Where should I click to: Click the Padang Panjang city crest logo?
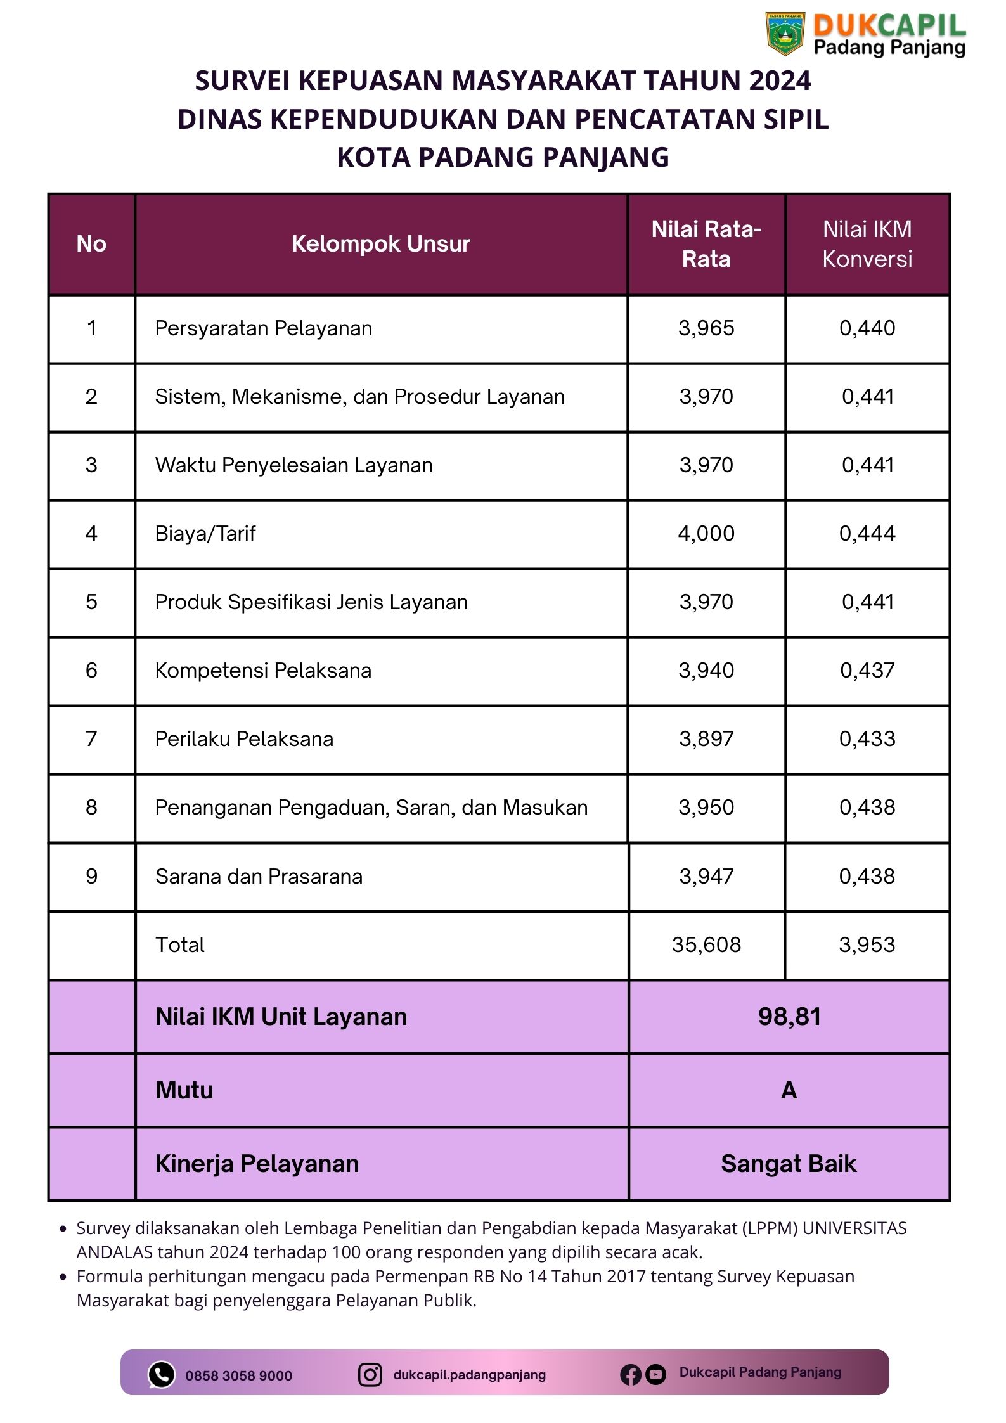click(785, 33)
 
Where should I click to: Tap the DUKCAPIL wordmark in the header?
click(889, 25)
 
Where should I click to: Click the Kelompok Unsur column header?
click(380, 244)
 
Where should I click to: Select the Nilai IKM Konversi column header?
click(867, 244)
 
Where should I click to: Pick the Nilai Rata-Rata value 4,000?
click(706, 534)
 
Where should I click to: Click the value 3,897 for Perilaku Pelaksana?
click(706, 739)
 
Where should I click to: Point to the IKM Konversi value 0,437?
click(867, 671)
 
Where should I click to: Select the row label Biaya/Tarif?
click(205, 534)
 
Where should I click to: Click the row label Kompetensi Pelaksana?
click(263, 671)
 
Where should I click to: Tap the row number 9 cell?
click(91, 877)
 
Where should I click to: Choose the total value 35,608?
click(706, 945)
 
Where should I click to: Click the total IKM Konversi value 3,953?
click(867, 945)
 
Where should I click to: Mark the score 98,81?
click(789, 1017)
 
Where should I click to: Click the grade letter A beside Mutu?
click(789, 1090)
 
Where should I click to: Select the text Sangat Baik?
click(789, 1164)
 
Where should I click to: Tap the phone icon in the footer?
click(161, 1375)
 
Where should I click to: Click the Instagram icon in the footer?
click(370, 1375)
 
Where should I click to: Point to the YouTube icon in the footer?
click(655, 1375)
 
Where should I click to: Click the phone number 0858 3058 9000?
click(238, 1376)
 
